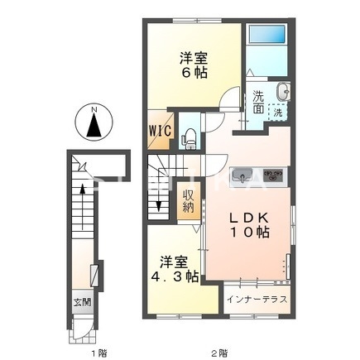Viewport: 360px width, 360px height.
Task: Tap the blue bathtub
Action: click(x=266, y=36)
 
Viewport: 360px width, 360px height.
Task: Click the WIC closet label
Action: click(x=160, y=131)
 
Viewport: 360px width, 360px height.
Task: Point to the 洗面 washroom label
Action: click(x=259, y=102)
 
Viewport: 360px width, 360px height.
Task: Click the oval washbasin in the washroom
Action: click(x=283, y=91)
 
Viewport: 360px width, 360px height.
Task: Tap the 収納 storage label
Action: click(x=189, y=201)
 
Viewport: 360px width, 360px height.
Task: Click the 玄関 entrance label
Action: click(x=79, y=301)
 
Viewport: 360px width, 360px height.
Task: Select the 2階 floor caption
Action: click(x=218, y=353)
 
